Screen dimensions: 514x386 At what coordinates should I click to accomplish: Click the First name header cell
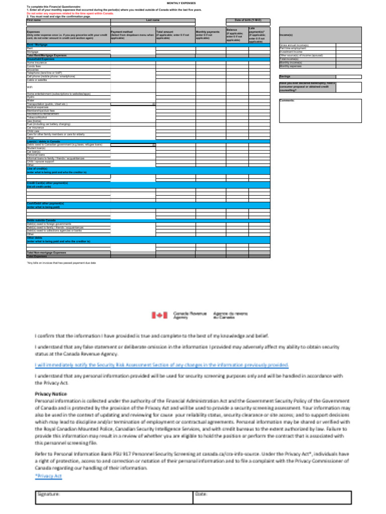click(34, 20)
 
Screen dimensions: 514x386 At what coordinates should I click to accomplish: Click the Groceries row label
click(33, 69)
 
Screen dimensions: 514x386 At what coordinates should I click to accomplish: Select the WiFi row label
click(30, 86)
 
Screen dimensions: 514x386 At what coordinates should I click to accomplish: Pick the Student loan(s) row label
click(36, 148)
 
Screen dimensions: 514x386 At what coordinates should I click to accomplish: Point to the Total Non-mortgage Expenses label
click(46, 252)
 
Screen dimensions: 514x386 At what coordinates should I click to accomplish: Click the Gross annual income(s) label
click(294, 45)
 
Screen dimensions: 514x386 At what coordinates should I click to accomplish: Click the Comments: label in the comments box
click(287, 100)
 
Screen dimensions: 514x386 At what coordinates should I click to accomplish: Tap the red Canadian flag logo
click(158, 315)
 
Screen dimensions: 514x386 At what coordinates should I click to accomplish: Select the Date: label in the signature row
click(201, 494)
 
